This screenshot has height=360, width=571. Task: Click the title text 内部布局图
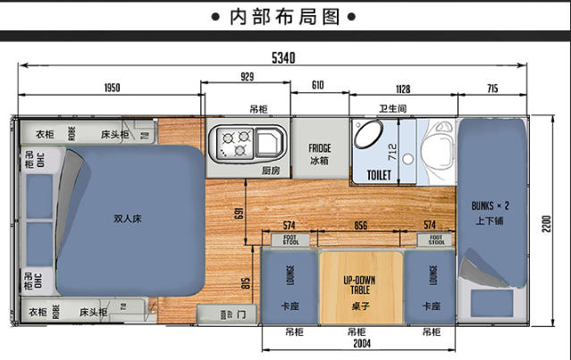284,17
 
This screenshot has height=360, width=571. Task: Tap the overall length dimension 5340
283,58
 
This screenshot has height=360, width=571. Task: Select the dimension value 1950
111,88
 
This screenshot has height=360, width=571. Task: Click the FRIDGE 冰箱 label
320,154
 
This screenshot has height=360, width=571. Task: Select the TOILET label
379,175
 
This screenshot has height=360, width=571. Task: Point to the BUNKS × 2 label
490,212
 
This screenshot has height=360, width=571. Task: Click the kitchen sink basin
269,141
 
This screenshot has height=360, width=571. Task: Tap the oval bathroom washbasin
368,136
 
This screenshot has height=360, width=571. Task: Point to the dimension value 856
362,226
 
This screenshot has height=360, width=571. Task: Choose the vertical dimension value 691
237,213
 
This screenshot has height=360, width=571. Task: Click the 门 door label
241,314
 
